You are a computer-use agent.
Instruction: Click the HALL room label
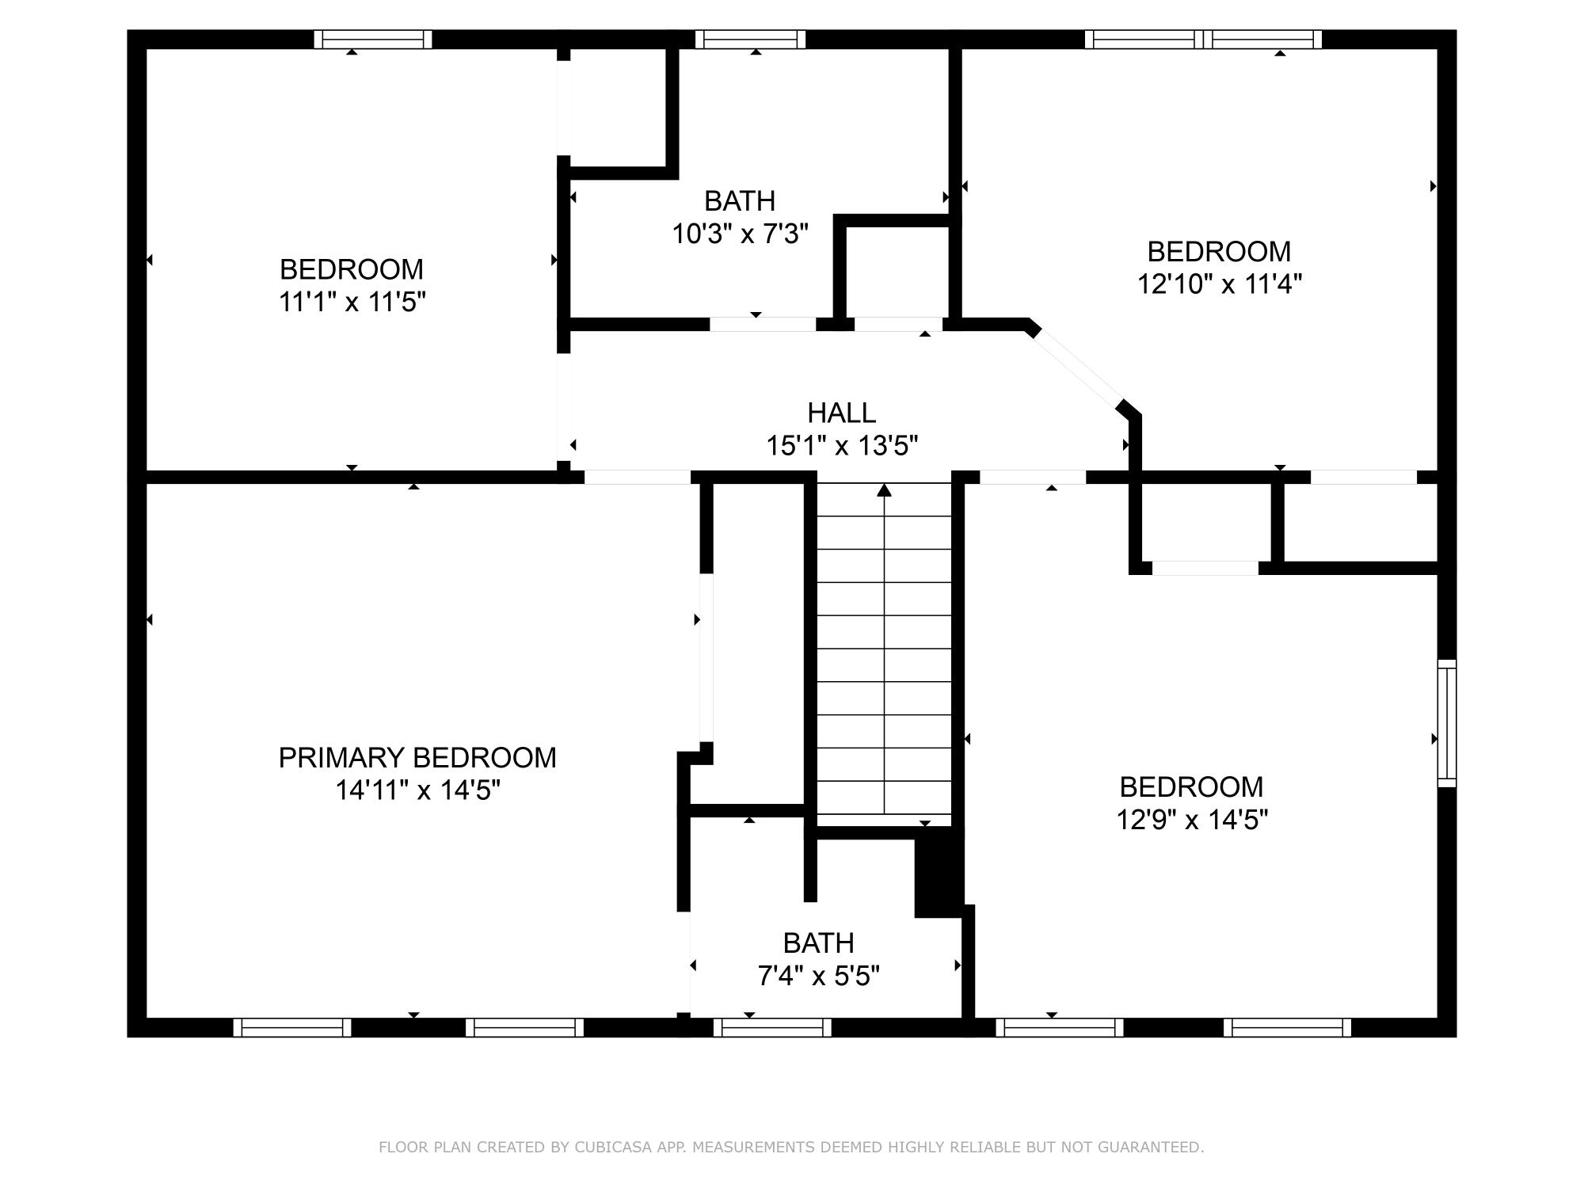point(841,413)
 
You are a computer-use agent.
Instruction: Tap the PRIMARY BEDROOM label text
point(417,758)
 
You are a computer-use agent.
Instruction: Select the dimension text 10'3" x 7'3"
point(740,234)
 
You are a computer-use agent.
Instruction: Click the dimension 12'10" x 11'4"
point(1219,284)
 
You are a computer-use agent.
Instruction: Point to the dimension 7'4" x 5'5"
point(818,976)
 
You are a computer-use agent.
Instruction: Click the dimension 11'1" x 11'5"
point(352,302)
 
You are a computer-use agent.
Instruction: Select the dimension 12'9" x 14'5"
point(1191,819)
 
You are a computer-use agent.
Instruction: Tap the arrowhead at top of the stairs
point(884,490)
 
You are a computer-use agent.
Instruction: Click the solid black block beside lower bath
point(938,871)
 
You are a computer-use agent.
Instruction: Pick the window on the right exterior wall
point(1446,723)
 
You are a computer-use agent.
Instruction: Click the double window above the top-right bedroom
point(1203,40)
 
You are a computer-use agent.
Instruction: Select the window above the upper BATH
point(750,40)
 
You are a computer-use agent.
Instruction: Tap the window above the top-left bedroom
point(372,40)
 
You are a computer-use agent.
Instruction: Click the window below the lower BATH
point(772,1027)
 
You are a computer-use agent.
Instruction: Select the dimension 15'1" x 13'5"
point(841,446)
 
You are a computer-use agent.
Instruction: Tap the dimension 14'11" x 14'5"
point(417,790)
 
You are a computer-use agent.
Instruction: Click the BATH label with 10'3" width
point(740,201)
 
